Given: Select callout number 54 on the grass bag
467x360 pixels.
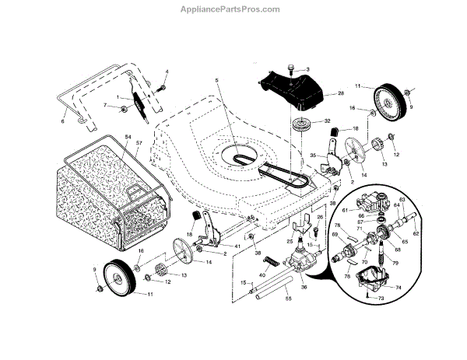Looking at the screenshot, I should (x=125, y=137).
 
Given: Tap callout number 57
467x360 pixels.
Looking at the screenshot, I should (x=139, y=144).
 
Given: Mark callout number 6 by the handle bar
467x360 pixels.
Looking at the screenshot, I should (x=63, y=121).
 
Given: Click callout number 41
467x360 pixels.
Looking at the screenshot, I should (x=227, y=247).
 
